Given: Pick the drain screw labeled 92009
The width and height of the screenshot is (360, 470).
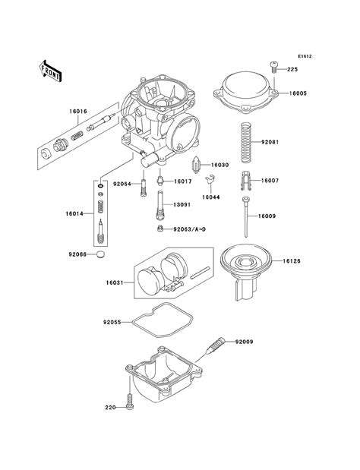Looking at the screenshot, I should point(217,347).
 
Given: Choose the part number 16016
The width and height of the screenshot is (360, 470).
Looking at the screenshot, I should point(78,111).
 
